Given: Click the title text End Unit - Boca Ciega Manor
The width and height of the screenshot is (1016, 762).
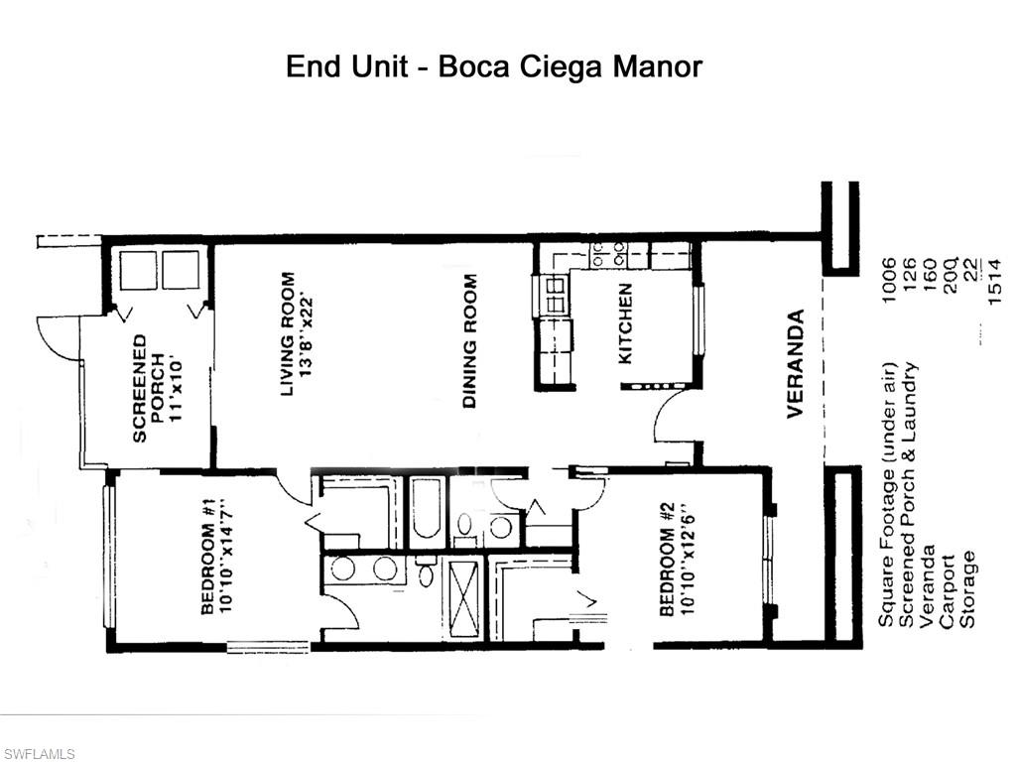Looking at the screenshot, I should (x=494, y=66).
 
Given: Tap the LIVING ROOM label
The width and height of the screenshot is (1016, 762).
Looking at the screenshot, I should (x=288, y=334).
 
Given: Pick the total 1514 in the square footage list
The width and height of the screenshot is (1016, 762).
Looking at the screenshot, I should (x=995, y=282).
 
